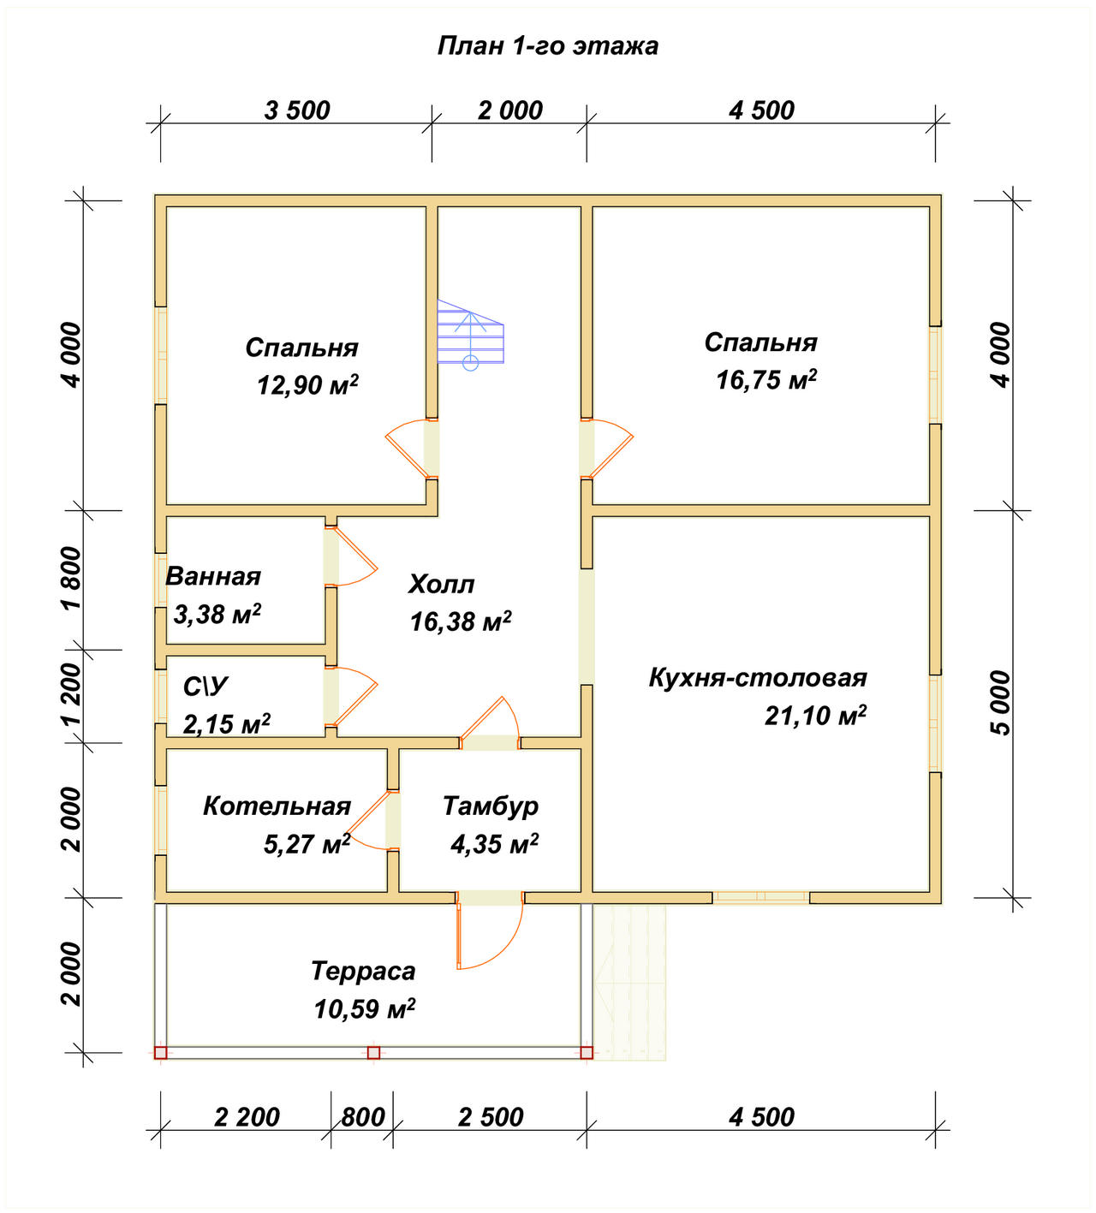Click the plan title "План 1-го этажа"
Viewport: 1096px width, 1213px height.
(x=547, y=46)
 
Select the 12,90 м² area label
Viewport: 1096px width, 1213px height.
(x=307, y=385)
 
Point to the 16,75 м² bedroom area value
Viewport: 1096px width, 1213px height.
(x=766, y=380)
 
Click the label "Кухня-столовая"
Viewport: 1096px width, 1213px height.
(x=758, y=678)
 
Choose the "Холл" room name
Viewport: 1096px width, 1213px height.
(x=441, y=584)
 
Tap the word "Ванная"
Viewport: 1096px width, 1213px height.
(x=213, y=576)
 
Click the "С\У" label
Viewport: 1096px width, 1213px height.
(x=205, y=687)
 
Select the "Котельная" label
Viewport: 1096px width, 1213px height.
(x=277, y=806)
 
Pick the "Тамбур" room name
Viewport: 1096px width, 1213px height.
(x=491, y=806)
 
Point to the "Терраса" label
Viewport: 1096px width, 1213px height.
(x=364, y=971)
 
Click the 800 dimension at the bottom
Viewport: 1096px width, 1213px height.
(x=363, y=1117)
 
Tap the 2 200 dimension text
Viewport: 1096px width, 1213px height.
(x=247, y=1117)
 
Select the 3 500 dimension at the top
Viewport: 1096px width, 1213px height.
(x=297, y=110)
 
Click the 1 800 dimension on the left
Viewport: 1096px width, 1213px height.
(x=71, y=579)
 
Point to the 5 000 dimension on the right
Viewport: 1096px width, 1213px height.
(x=1001, y=703)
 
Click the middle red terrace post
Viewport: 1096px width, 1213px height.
(x=374, y=1053)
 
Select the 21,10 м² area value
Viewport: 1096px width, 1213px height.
(x=815, y=716)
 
